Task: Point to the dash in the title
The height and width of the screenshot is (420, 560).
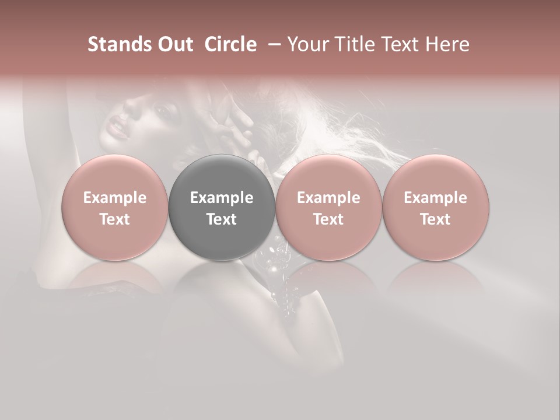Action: pyautogui.click(x=272, y=44)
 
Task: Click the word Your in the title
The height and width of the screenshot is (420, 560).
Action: pyautogui.click(x=306, y=44)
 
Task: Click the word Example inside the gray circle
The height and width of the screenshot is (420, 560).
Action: pyautogui.click(x=222, y=198)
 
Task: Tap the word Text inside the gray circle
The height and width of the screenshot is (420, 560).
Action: pyautogui.click(x=222, y=219)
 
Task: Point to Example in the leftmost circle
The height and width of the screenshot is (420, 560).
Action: pyautogui.click(x=115, y=198)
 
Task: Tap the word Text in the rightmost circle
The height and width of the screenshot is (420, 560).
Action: pyautogui.click(x=436, y=219)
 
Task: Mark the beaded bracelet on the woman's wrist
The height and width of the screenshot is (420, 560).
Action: pyautogui.click(x=292, y=292)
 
